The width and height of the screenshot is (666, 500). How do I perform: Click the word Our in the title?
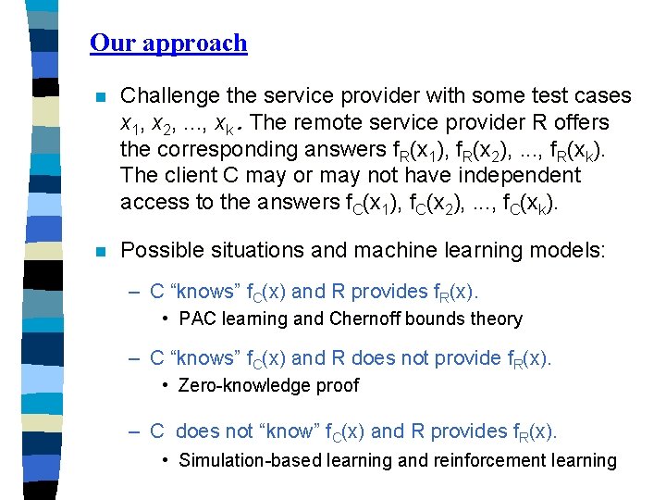(108, 43)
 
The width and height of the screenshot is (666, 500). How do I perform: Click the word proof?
(335, 386)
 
